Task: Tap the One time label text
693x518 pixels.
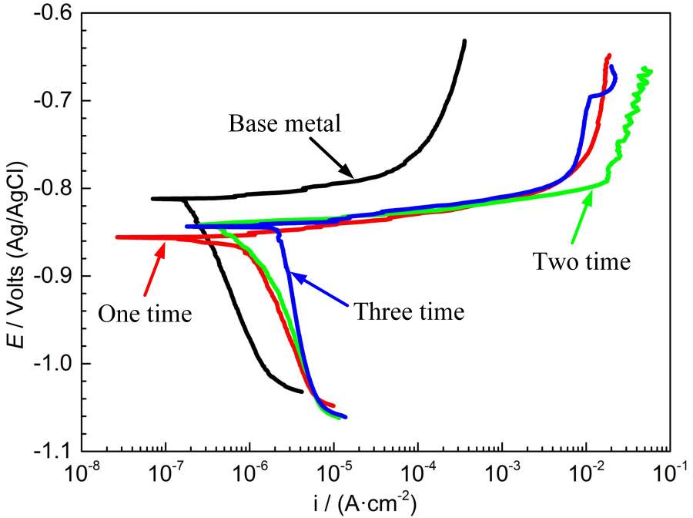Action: pyautogui.click(x=144, y=314)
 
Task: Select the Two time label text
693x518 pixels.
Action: pyautogui.click(x=581, y=262)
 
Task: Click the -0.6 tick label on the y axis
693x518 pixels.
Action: pyautogui.click(x=55, y=13)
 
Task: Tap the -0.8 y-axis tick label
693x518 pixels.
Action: pyautogui.click(x=55, y=189)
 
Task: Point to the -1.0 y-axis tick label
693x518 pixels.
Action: pyautogui.click(x=55, y=364)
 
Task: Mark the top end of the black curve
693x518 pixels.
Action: pyautogui.click(x=464, y=42)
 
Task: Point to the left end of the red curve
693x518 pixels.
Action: pyautogui.click(x=117, y=237)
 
